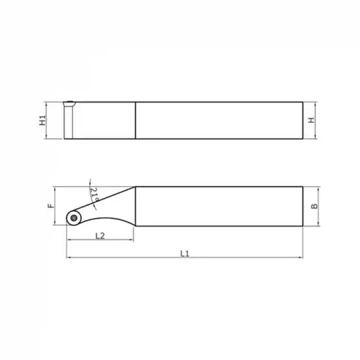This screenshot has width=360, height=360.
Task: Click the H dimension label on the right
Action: (311, 120)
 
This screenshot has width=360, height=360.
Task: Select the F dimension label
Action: (50, 206)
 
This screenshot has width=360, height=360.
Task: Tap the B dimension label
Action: (315, 206)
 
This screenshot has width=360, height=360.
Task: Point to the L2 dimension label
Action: (100, 236)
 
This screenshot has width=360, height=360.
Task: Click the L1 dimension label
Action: (185, 253)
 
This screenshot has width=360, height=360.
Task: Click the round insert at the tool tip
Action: (73, 218)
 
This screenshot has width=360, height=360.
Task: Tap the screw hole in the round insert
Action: (73, 218)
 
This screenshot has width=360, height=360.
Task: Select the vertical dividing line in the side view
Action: (136, 120)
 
